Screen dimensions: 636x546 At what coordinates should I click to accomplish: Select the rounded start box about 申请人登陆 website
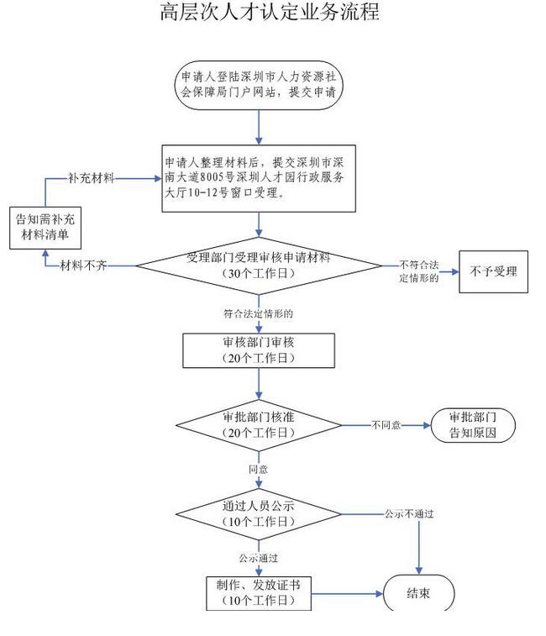pyautogui.click(x=259, y=85)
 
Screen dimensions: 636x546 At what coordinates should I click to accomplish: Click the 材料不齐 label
pyautogui.click(x=83, y=266)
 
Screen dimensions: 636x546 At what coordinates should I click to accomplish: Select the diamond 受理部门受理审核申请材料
pyautogui.click(x=259, y=266)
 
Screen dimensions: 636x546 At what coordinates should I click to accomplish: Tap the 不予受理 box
pyautogui.click(x=493, y=271)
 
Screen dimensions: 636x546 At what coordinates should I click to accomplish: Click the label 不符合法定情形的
pyautogui.click(x=420, y=271)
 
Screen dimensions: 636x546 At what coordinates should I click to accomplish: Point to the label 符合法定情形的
pyautogui.click(x=258, y=313)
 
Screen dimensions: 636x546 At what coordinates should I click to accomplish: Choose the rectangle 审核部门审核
pyautogui.click(x=258, y=350)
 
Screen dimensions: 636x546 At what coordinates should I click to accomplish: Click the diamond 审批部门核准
pyautogui.click(x=258, y=425)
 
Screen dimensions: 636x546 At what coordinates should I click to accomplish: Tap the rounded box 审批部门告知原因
pyautogui.click(x=473, y=425)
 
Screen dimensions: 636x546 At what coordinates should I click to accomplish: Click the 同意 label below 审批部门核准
pyautogui.click(x=258, y=467)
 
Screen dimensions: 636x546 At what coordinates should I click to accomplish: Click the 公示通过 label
pyautogui.click(x=258, y=557)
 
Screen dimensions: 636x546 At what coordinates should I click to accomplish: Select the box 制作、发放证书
pyautogui.click(x=258, y=593)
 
